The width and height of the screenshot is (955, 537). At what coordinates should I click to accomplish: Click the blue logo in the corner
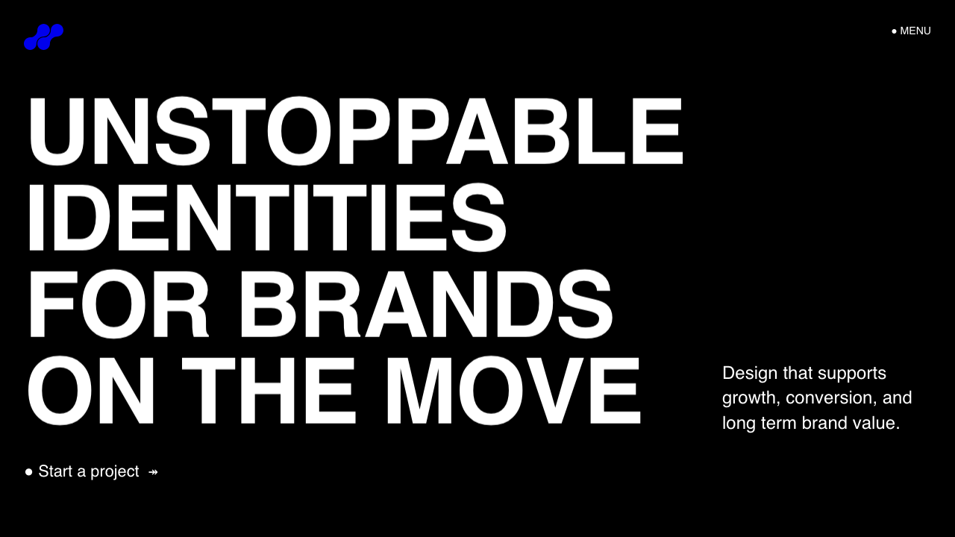(43, 37)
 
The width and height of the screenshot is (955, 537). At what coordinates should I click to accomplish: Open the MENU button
(911, 31)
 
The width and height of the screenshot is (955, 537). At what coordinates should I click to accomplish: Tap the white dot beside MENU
(894, 31)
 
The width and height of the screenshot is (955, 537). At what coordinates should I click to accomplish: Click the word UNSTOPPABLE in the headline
(356, 131)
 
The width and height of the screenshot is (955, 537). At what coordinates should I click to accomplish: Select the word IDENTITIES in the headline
(267, 217)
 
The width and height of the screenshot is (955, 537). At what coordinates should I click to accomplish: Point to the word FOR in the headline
(119, 304)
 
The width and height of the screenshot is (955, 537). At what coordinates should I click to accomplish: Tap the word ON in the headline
(91, 390)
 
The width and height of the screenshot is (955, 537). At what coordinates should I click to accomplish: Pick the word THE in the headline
(269, 390)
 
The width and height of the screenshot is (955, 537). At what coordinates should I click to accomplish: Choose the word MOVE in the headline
(513, 390)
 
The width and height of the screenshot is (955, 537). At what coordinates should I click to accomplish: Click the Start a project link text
(89, 471)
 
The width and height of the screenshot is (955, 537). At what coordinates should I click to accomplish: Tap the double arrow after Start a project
(153, 472)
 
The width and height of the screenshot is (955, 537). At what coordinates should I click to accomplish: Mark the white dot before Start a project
(28, 471)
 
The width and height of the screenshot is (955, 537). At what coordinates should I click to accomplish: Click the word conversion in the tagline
(832, 398)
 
